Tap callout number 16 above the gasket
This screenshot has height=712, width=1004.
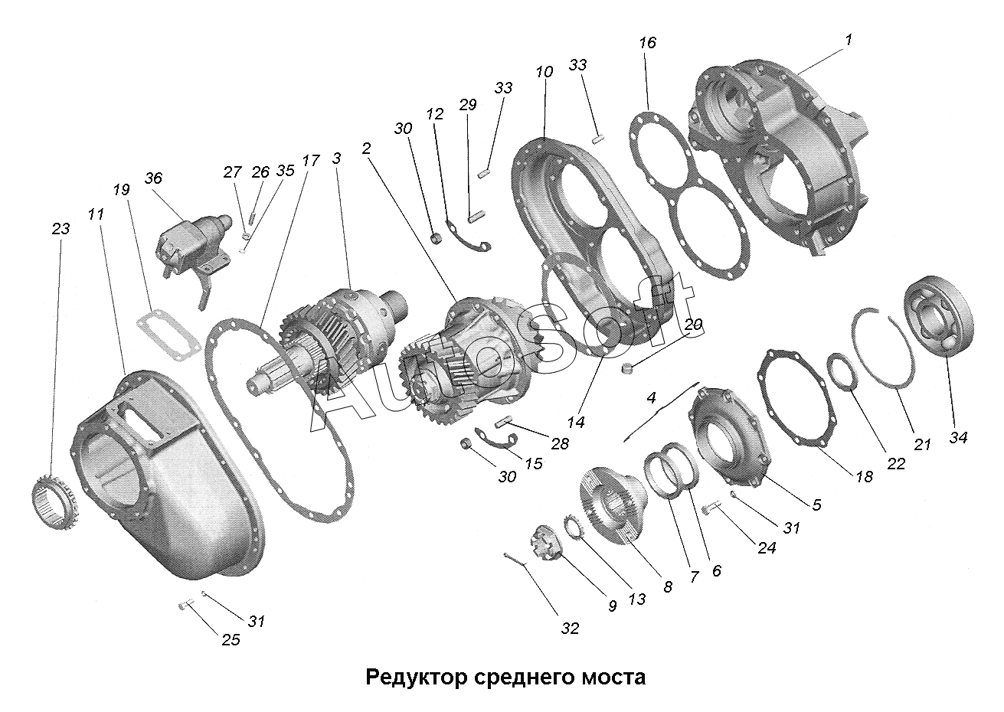coord(647,44)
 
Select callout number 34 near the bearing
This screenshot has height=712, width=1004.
coord(958,437)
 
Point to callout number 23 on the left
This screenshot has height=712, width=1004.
coord(61,228)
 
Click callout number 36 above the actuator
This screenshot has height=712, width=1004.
coord(153,178)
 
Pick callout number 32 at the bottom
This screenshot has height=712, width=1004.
coord(569,629)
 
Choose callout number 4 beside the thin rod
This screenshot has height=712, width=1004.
coord(651,398)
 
